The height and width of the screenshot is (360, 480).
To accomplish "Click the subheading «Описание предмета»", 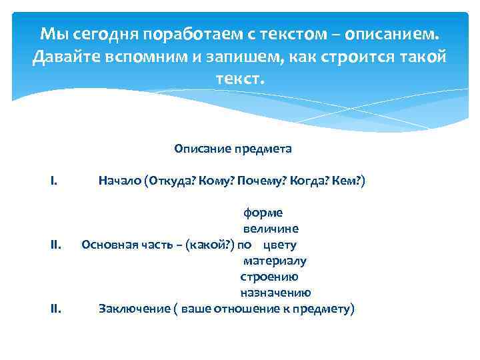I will tap(233, 149).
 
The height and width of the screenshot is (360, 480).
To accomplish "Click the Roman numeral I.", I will tap(53, 181).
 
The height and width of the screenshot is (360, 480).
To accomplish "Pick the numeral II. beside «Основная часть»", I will tap(56, 245).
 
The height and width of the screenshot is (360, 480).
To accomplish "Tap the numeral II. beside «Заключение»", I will tap(56, 309).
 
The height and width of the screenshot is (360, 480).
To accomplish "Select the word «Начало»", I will tap(119, 181).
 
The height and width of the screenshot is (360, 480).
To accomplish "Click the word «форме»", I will tap(263, 213).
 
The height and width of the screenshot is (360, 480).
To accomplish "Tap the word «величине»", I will tap(270, 229).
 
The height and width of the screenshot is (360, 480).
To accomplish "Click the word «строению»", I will tap(269, 277).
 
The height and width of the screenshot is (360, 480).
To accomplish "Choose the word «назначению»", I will tap(275, 293).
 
